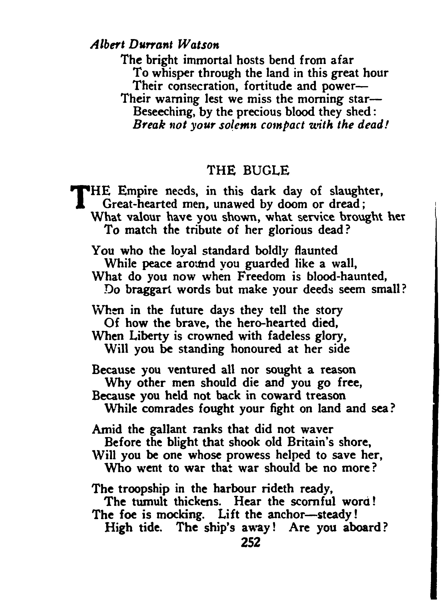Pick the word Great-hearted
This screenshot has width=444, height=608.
click(x=140, y=204)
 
